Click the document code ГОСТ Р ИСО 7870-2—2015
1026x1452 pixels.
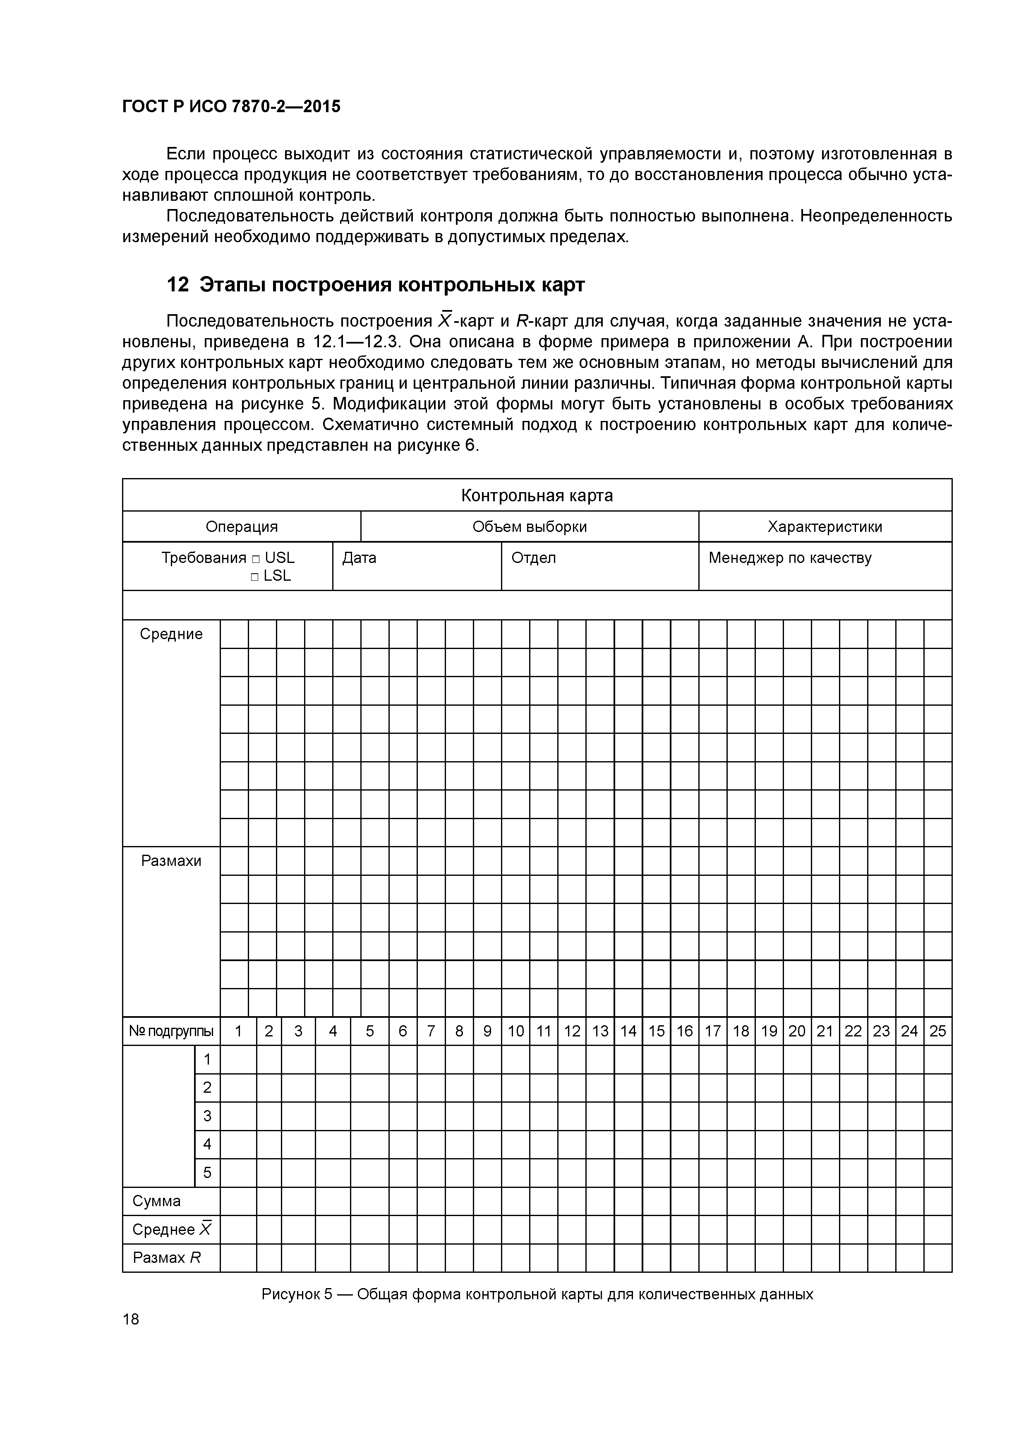click(x=231, y=107)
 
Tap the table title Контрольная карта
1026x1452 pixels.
click(x=537, y=495)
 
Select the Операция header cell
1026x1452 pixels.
click(x=242, y=527)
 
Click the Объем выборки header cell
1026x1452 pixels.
click(x=529, y=527)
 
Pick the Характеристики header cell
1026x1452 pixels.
click(x=825, y=527)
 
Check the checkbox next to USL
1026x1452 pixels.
click(x=255, y=559)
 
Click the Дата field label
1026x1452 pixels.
click(x=359, y=558)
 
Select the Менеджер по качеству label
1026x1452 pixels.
click(x=790, y=558)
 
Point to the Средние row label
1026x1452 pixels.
click(x=171, y=634)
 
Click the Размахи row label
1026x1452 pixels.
click(x=171, y=861)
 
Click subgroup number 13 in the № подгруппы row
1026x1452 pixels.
click(x=600, y=1031)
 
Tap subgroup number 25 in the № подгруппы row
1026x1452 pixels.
click(x=937, y=1031)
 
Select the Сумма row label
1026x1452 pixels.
click(x=157, y=1201)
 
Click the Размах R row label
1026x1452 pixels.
click(x=166, y=1258)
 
